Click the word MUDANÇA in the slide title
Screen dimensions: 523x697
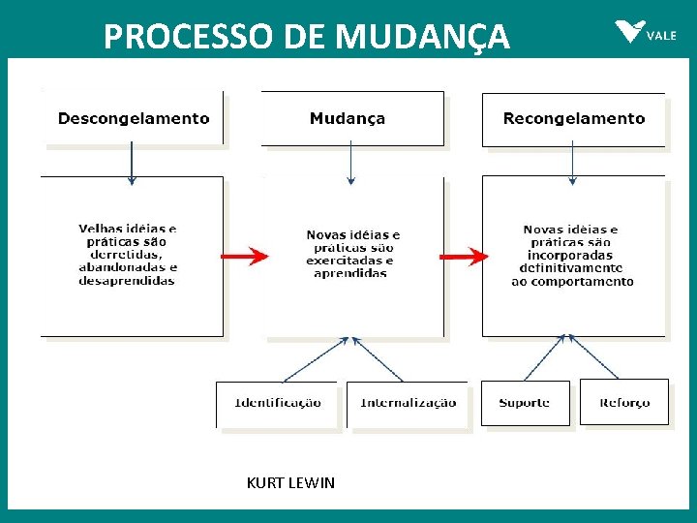[423, 36]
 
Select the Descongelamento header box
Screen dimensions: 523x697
[134, 119]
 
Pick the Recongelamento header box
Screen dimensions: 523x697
[573, 119]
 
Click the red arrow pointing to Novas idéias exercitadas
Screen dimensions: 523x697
[245, 257]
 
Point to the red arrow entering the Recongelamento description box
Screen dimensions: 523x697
[465, 257]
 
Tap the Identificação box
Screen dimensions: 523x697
[278, 403]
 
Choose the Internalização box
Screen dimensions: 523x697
[408, 403]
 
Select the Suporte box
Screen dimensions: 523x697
[525, 403]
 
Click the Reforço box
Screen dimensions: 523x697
[624, 403]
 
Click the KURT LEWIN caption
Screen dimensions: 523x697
[290, 482]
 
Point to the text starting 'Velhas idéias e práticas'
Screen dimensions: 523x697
[127, 255]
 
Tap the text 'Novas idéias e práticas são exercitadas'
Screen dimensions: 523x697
[352, 254]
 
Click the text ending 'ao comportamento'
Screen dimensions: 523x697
[572, 256]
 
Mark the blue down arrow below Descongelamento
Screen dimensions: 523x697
[133, 165]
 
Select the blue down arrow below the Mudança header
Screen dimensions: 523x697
[351, 165]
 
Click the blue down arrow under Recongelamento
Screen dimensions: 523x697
[572, 165]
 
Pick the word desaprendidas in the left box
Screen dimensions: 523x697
[127, 281]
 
